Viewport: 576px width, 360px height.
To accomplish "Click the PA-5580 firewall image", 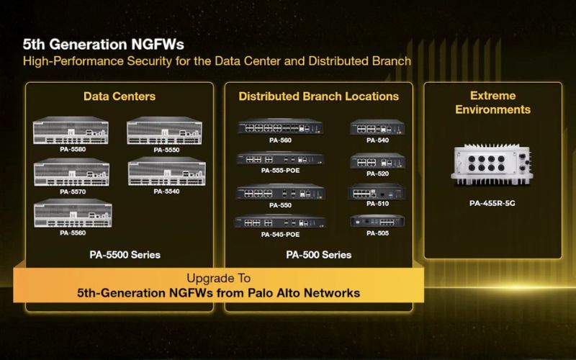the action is pyautogui.click(x=71, y=130).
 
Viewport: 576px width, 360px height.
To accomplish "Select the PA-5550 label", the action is pyautogui.click(x=167, y=150).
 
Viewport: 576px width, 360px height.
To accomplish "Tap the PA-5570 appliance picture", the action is pyautogui.click(x=71, y=172).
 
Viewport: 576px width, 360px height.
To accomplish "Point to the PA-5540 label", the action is pyautogui.click(x=167, y=192).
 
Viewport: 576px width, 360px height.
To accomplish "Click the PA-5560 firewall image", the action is pyautogui.click(x=73, y=213).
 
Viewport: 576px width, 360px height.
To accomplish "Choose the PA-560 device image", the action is pyautogui.click(x=280, y=127).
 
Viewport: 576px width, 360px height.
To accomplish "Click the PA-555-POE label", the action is pyautogui.click(x=280, y=171).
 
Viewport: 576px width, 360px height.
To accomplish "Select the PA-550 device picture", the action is pyautogui.click(x=280, y=192).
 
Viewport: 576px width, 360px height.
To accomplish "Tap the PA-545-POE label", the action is pyautogui.click(x=280, y=235).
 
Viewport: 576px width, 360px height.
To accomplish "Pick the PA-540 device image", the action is pyautogui.click(x=377, y=127).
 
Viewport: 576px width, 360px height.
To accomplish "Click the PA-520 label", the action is pyautogui.click(x=377, y=174).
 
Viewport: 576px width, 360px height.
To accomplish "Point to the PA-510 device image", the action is pyautogui.click(x=377, y=192).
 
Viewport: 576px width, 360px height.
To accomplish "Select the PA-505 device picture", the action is pyautogui.click(x=377, y=221).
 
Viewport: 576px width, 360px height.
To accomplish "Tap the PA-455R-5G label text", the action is pyautogui.click(x=492, y=204).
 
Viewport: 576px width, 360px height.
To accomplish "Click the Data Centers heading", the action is pyautogui.click(x=120, y=96).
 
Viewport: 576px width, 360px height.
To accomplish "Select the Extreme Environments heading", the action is pyautogui.click(x=492, y=102).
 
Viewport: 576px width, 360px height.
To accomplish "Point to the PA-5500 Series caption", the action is pyautogui.click(x=125, y=255).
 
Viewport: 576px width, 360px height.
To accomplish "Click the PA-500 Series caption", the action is pyautogui.click(x=318, y=255).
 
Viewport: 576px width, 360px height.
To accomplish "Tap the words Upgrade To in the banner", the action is pyautogui.click(x=219, y=278).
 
